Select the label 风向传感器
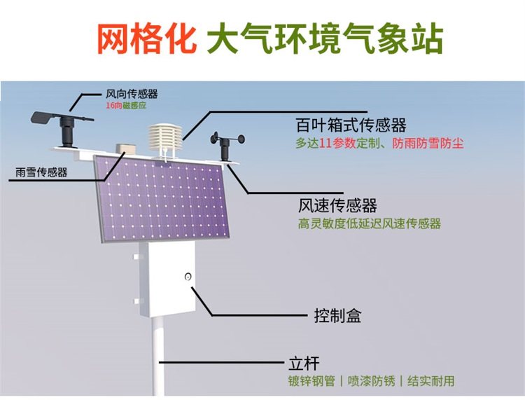coord(132,94)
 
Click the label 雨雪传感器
coord(41,172)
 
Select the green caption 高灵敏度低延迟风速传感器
coord(370,223)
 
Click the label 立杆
coord(304,364)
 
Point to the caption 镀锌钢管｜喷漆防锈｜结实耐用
coord(371,381)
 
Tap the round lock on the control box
coord(188,277)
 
